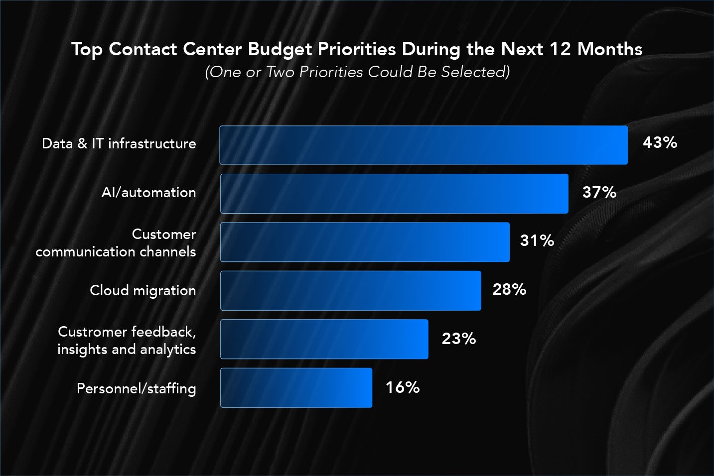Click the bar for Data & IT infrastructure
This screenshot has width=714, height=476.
[424, 145]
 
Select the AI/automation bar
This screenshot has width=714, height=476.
[394, 194]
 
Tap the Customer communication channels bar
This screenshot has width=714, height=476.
[365, 242]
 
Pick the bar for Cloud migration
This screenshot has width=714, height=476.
[351, 291]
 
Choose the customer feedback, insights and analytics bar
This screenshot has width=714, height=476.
[324, 339]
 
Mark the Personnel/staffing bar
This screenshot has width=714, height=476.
[296, 388]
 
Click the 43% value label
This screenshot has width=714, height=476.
[660, 143]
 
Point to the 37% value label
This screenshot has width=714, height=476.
[599, 192]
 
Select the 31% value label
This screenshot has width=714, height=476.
[537, 241]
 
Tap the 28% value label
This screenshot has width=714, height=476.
[509, 289]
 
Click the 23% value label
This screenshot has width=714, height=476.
[459, 339]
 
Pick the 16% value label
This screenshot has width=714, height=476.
[403, 387]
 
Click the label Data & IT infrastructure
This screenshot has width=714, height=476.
[119, 144]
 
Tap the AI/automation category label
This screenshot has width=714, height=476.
[148, 193]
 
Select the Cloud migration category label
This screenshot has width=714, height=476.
[143, 290]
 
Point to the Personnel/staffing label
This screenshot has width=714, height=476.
[136, 388]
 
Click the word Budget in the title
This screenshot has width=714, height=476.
[280, 49]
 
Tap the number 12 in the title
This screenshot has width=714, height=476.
[560, 49]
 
